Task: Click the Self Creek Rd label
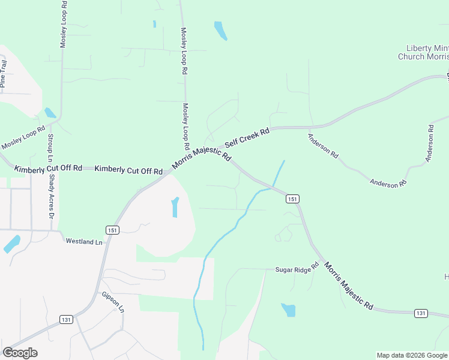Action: click(247, 138)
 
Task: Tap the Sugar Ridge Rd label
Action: click(297, 268)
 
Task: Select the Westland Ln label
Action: click(85, 241)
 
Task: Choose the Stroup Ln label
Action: click(50, 147)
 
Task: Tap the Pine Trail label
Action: click(4, 74)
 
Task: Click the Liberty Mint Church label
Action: click(423, 52)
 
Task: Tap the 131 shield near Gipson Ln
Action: click(66, 320)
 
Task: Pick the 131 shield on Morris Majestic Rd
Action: click(421, 313)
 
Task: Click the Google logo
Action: click(20, 352)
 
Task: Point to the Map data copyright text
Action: click(412, 355)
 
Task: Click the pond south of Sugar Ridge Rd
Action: click(289, 310)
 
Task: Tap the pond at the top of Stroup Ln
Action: click(50, 112)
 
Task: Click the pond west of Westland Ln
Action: click(11, 244)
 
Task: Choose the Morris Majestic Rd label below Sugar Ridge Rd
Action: click(349, 286)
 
